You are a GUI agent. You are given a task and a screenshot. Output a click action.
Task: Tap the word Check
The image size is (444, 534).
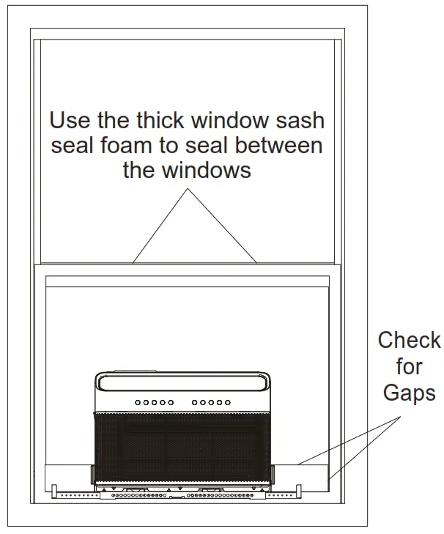click(x=409, y=341)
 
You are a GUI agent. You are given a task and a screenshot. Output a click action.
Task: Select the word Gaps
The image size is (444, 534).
click(x=409, y=392)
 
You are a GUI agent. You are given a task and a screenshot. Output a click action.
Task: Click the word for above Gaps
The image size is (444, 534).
click(x=409, y=366)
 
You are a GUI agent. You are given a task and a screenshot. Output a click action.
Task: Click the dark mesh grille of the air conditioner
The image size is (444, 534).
click(x=183, y=447)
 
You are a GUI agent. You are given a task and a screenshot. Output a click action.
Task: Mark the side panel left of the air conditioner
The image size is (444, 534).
click(x=68, y=475)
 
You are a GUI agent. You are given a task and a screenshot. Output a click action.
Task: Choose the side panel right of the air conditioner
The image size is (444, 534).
click(x=300, y=475)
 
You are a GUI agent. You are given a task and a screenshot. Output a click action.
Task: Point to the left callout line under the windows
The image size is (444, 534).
click(x=161, y=226)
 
